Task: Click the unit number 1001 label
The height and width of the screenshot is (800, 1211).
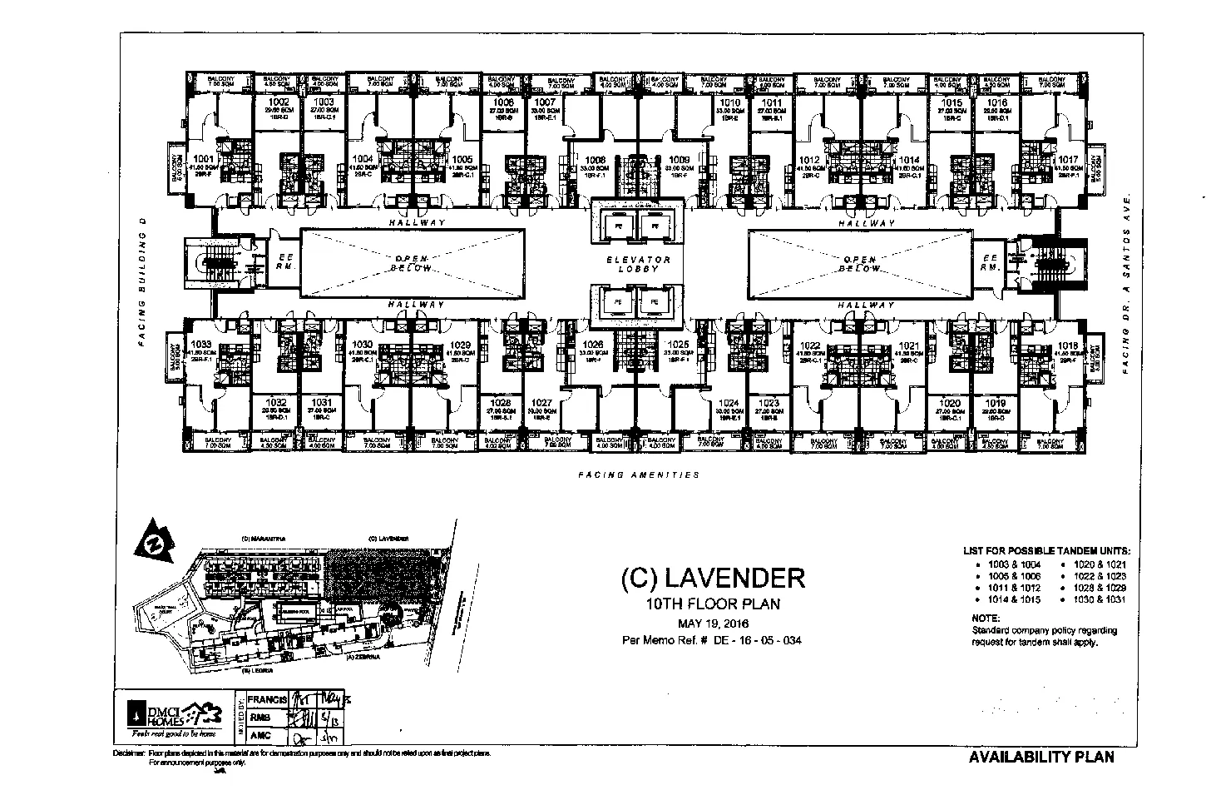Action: pyautogui.click(x=204, y=158)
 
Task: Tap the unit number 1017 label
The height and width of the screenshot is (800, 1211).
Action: pyautogui.click(x=1068, y=159)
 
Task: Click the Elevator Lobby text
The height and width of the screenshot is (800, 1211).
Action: pyautogui.click(x=637, y=264)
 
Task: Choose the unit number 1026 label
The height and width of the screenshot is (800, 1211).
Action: pyautogui.click(x=593, y=344)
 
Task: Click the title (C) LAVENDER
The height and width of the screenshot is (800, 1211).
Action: pyautogui.click(x=713, y=577)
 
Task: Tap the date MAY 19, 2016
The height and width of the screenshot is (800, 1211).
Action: pyautogui.click(x=713, y=624)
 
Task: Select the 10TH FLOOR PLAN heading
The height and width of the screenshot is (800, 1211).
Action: pyautogui.click(x=713, y=604)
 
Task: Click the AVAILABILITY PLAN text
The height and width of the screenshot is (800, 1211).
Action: pyautogui.click(x=1040, y=757)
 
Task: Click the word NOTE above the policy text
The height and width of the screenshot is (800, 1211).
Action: pyautogui.click(x=986, y=618)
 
